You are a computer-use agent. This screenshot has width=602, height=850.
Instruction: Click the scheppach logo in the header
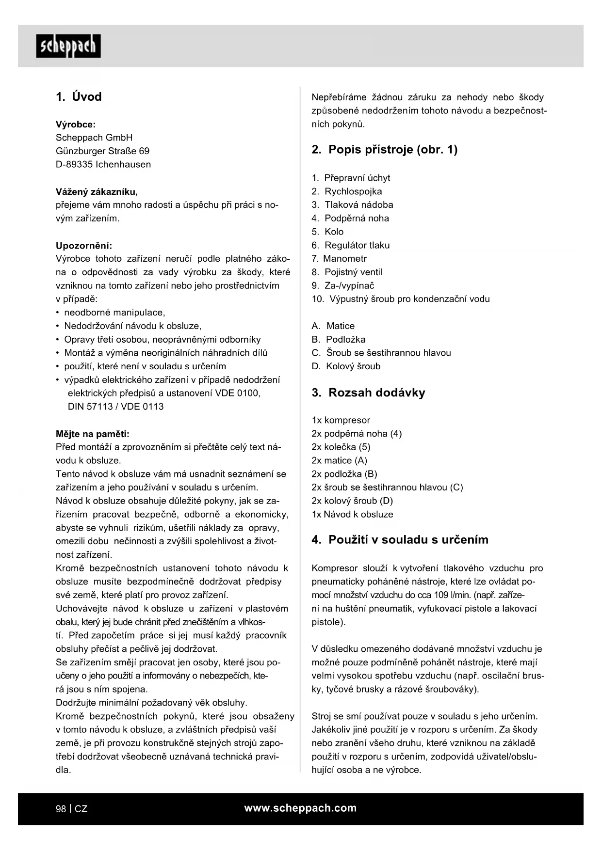tap(68, 46)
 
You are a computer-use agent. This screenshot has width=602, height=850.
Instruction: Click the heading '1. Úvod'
tap(79, 97)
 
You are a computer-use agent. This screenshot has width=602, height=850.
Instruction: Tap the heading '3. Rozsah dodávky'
tap(368, 393)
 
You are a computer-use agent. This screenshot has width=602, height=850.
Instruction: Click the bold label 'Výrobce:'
tap(76, 125)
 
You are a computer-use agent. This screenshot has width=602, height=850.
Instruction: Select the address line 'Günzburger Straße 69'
tap(102, 151)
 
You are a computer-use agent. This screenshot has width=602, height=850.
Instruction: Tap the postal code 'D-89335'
tap(74, 165)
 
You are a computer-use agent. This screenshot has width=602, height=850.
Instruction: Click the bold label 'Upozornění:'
tap(84, 246)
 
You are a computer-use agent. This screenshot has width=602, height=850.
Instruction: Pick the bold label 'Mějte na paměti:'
tap(93, 434)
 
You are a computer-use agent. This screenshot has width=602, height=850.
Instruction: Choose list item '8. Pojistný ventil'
tap(347, 272)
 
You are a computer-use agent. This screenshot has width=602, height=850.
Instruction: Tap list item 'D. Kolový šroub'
tap(346, 366)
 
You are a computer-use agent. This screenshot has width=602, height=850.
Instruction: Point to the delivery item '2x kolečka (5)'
tap(341, 447)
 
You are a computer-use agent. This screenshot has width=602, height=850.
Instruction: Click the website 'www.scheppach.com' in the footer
tap(300, 808)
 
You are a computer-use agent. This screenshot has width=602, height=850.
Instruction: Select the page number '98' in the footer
tap(61, 809)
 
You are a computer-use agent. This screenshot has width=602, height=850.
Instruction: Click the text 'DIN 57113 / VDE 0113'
tap(115, 407)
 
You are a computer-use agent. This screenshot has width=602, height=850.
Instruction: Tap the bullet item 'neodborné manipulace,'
tap(114, 313)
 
